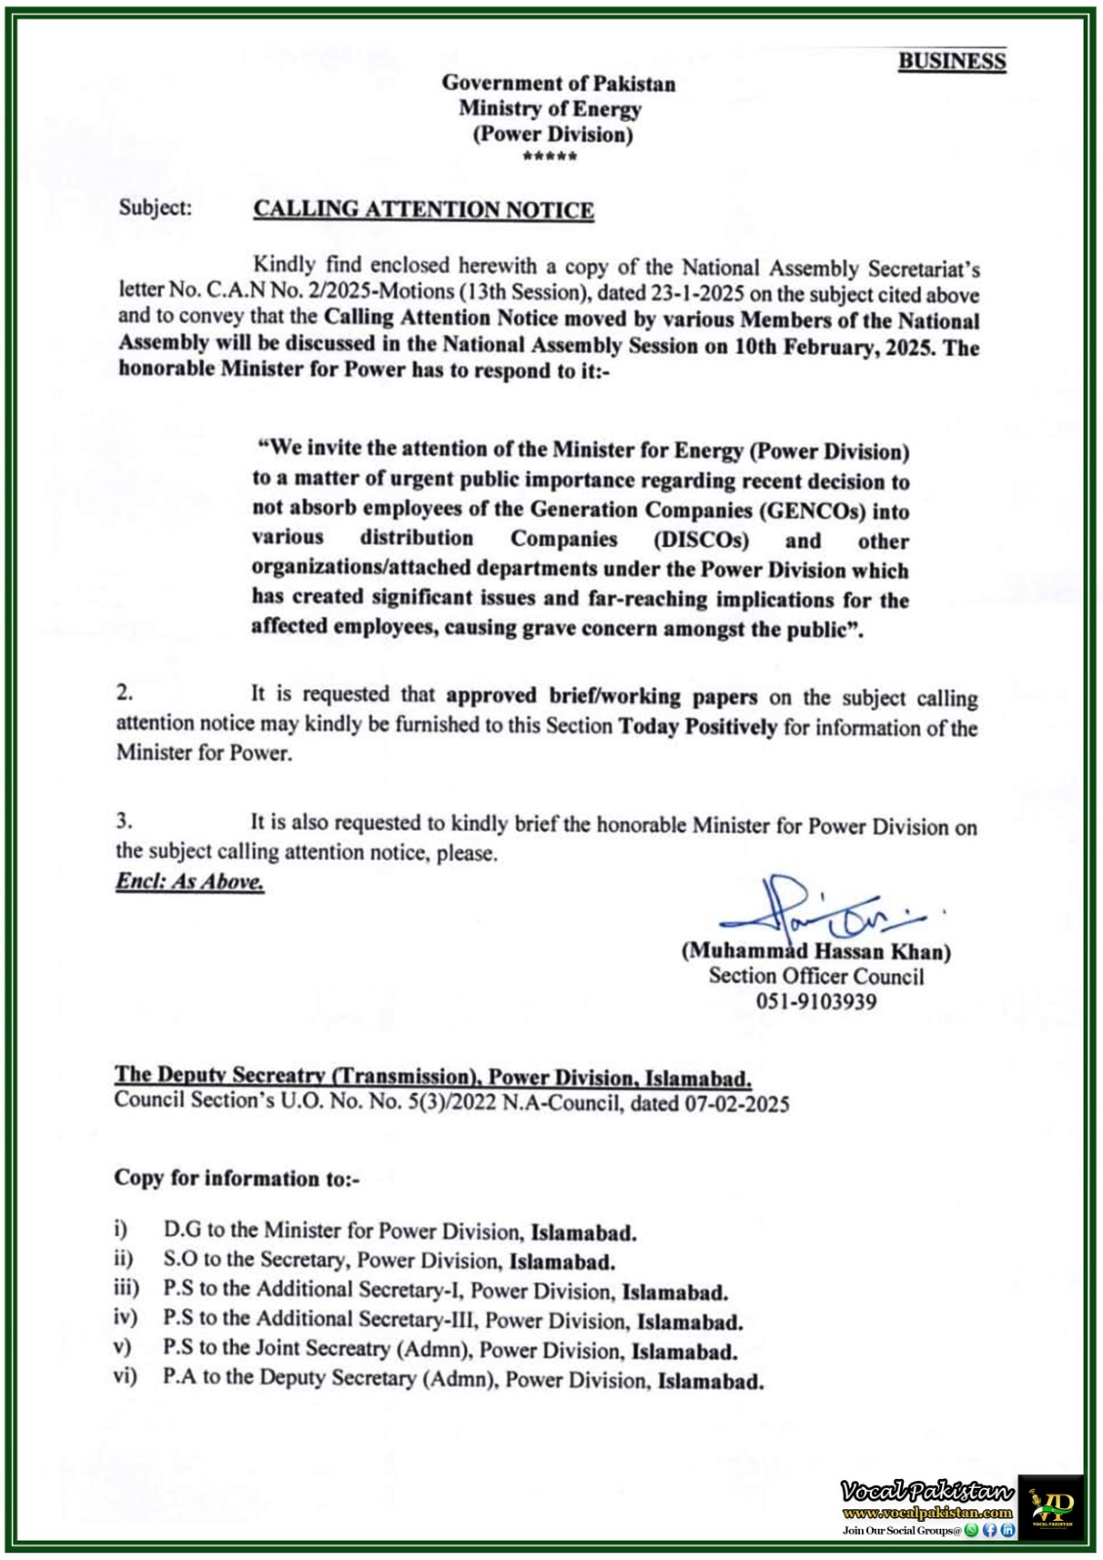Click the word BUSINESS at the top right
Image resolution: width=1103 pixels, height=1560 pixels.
coord(951,61)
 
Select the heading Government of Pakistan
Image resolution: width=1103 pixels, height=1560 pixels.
coord(558,84)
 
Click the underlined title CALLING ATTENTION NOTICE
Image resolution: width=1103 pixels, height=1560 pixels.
coord(423,211)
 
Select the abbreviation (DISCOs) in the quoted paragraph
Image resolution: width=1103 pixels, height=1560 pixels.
coord(701,540)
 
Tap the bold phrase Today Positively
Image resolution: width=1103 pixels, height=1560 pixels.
coord(697,726)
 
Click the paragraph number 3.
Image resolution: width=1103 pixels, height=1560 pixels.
coord(124,821)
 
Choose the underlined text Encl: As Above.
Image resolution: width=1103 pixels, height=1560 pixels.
coord(190,881)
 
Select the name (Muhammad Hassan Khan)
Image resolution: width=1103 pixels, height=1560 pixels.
coord(815,951)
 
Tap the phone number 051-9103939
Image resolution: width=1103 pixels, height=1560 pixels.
coord(815,1001)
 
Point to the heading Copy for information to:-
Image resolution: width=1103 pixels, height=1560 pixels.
coord(237,1178)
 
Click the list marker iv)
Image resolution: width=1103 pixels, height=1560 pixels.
coord(125,1318)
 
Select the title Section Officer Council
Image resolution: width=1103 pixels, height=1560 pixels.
coord(815,976)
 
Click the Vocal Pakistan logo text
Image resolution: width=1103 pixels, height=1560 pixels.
coord(926,1491)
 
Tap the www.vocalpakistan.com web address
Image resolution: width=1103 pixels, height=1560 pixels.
coord(926,1513)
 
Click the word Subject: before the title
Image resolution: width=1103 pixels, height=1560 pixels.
coord(155,208)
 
